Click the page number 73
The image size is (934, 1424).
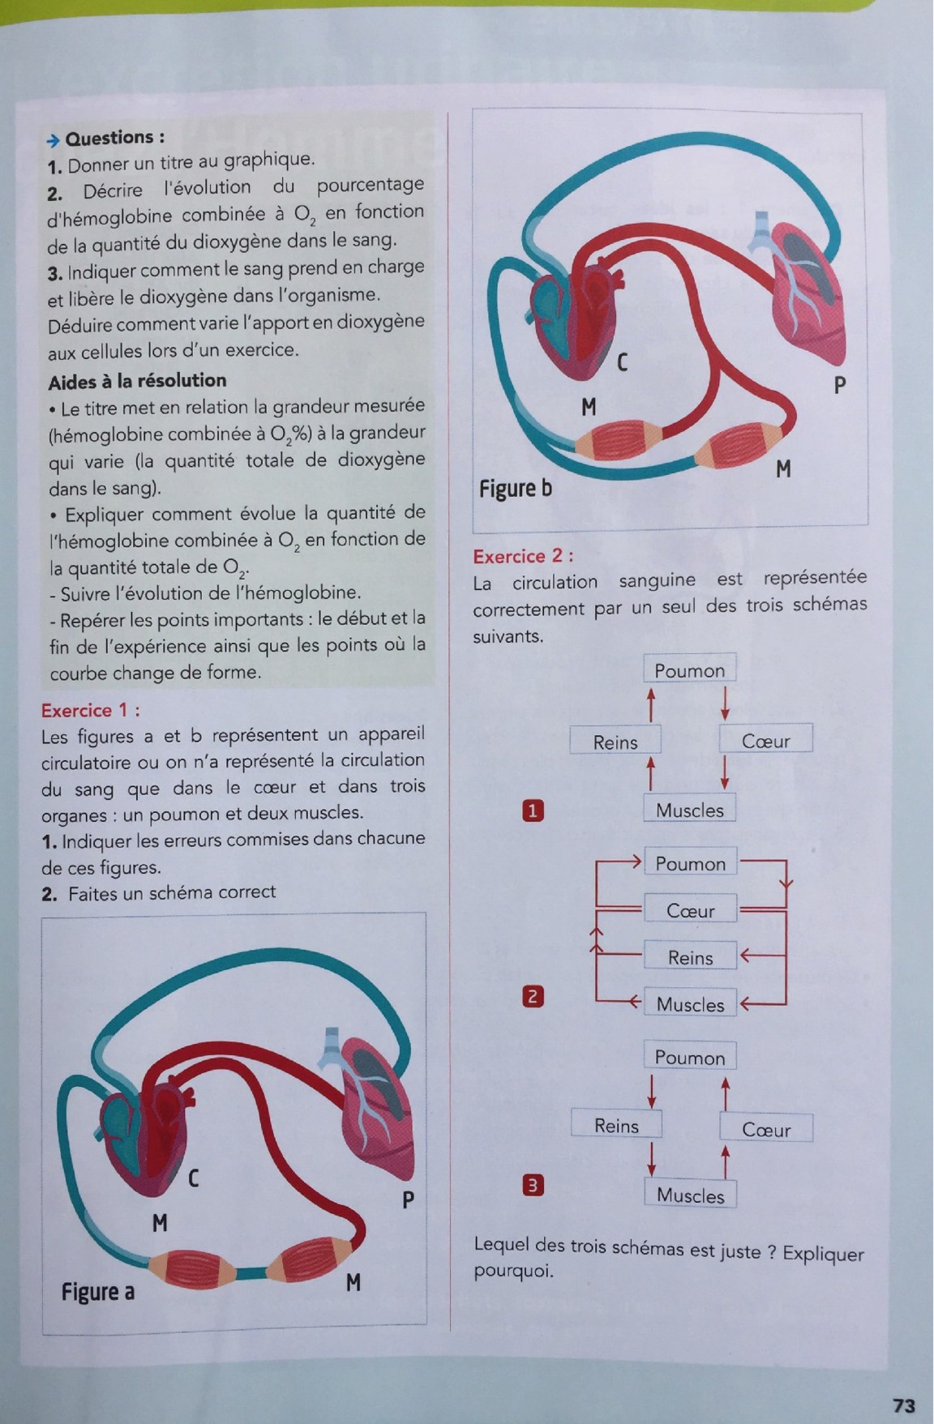tap(903, 1405)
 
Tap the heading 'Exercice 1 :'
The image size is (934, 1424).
tap(91, 710)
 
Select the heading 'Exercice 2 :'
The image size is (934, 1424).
tap(523, 556)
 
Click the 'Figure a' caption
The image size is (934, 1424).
tap(97, 1291)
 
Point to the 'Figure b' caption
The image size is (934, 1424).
tap(515, 488)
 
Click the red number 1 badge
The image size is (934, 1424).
tap(532, 810)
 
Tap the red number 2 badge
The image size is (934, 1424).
tap(532, 996)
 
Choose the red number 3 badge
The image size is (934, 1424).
tap(532, 1186)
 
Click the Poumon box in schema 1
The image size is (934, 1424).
tap(689, 670)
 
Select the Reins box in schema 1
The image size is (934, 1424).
tap(615, 742)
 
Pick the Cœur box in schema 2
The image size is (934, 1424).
tap(690, 910)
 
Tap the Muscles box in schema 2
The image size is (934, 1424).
tap(690, 1004)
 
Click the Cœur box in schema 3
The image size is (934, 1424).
tap(766, 1129)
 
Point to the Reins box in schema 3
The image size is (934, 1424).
tap(616, 1125)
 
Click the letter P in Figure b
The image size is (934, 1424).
tap(840, 386)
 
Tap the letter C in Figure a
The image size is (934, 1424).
tap(193, 1178)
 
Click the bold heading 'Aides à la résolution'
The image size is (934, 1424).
tap(137, 380)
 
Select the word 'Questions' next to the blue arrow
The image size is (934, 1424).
tap(109, 138)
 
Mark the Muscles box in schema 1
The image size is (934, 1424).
tap(690, 810)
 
